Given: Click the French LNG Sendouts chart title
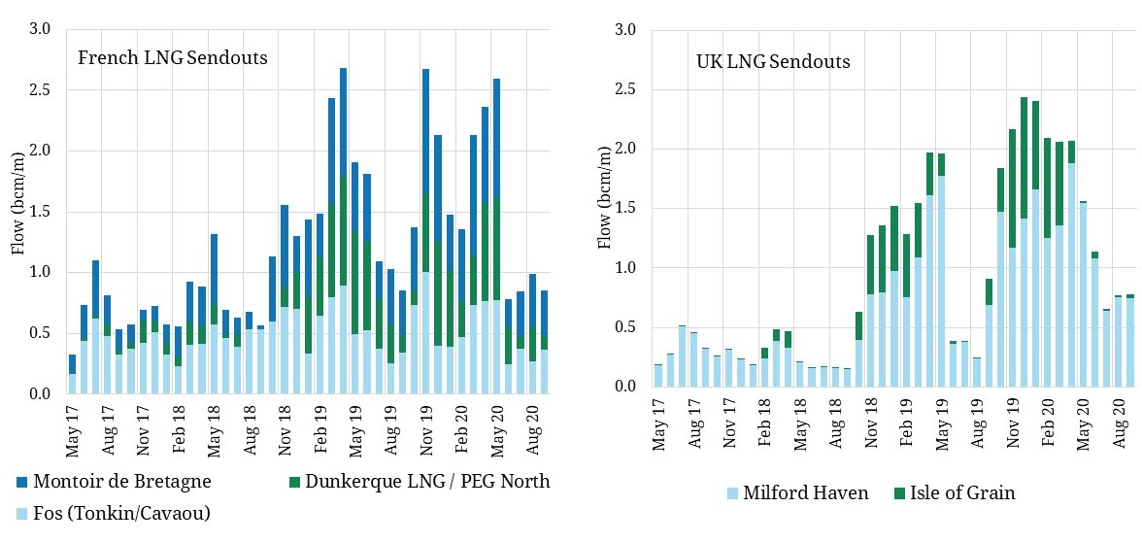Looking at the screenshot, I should (173, 58).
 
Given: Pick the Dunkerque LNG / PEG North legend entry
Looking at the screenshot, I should (418, 481).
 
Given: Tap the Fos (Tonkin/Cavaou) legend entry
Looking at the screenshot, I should (114, 513).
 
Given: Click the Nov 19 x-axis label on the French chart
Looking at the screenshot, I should (425, 420).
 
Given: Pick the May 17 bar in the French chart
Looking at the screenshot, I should (72, 374).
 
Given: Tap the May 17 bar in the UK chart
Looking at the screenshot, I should (658, 375).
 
